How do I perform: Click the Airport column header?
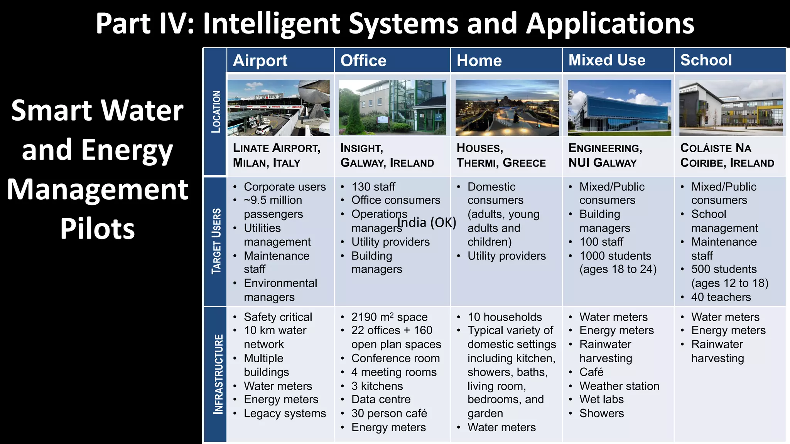(x=260, y=61)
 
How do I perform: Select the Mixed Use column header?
(x=607, y=60)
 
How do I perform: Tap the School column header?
(x=706, y=60)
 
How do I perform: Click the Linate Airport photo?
(x=279, y=108)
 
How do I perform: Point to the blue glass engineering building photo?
(x=619, y=108)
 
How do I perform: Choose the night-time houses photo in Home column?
(x=507, y=108)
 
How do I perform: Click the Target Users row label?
(x=216, y=241)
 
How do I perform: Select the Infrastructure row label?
(x=218, y=374)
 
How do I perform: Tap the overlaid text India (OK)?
(x=427, y=222)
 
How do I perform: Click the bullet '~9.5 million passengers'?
(x=273, y=207)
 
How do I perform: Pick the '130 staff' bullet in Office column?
(x=373, y=187)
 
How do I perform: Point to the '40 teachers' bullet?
(x=721, y=297)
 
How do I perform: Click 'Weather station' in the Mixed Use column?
(x=619, y=386)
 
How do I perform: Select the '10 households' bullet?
(x=505, y=317)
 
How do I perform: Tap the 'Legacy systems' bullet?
(x=285, y=414)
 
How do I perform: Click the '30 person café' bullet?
(x=389, y=414)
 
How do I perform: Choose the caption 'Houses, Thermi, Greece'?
(x=501, y=155)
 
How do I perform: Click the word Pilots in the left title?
(x=98, y=229)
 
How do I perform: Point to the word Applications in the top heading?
(x=610, y=24)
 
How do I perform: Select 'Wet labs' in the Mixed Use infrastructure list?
(x=601, y=400)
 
